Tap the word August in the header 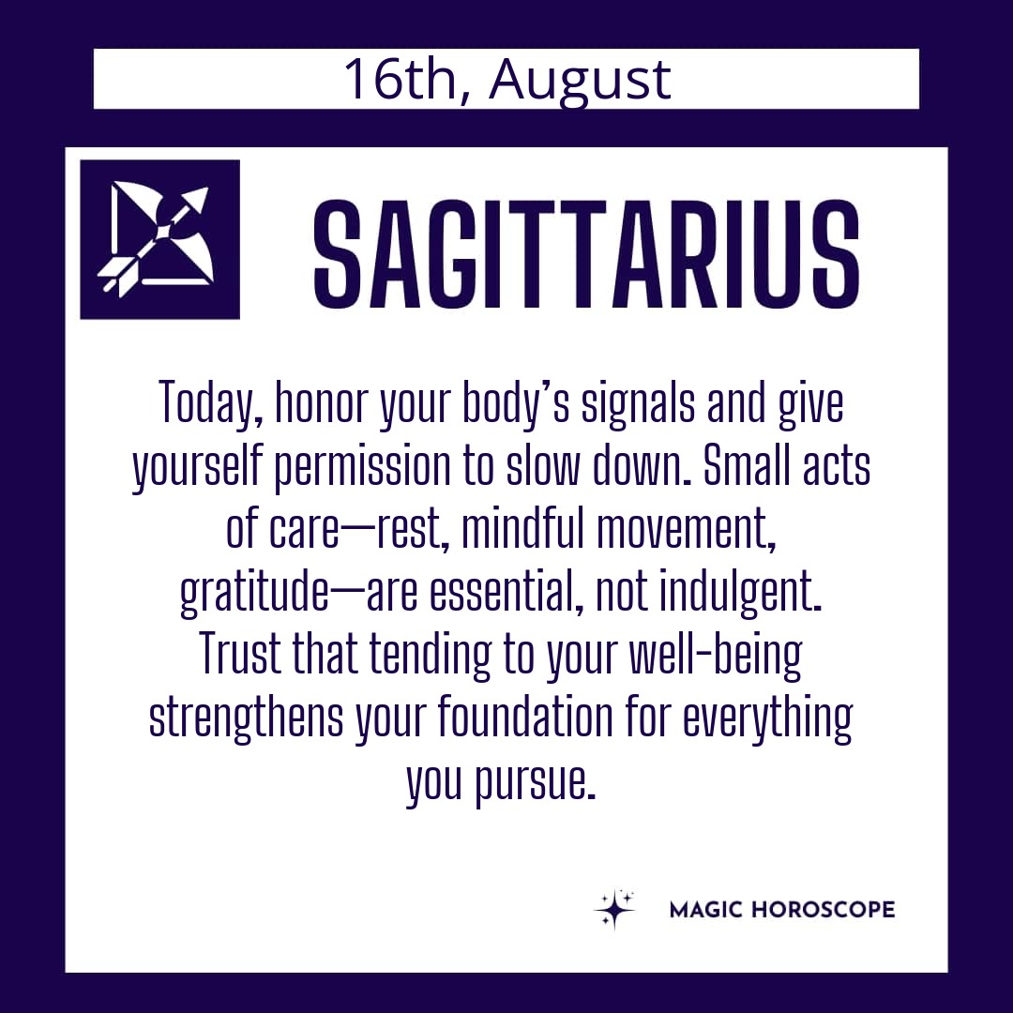point(580,82)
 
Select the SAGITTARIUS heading point(586,254)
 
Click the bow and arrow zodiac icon point(159,239)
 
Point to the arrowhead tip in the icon point(208,188)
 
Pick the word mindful point(523,527)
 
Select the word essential point(502,591)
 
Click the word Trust point(240,653)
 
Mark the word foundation point(525,717)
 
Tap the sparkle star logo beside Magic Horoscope point(613,909)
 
